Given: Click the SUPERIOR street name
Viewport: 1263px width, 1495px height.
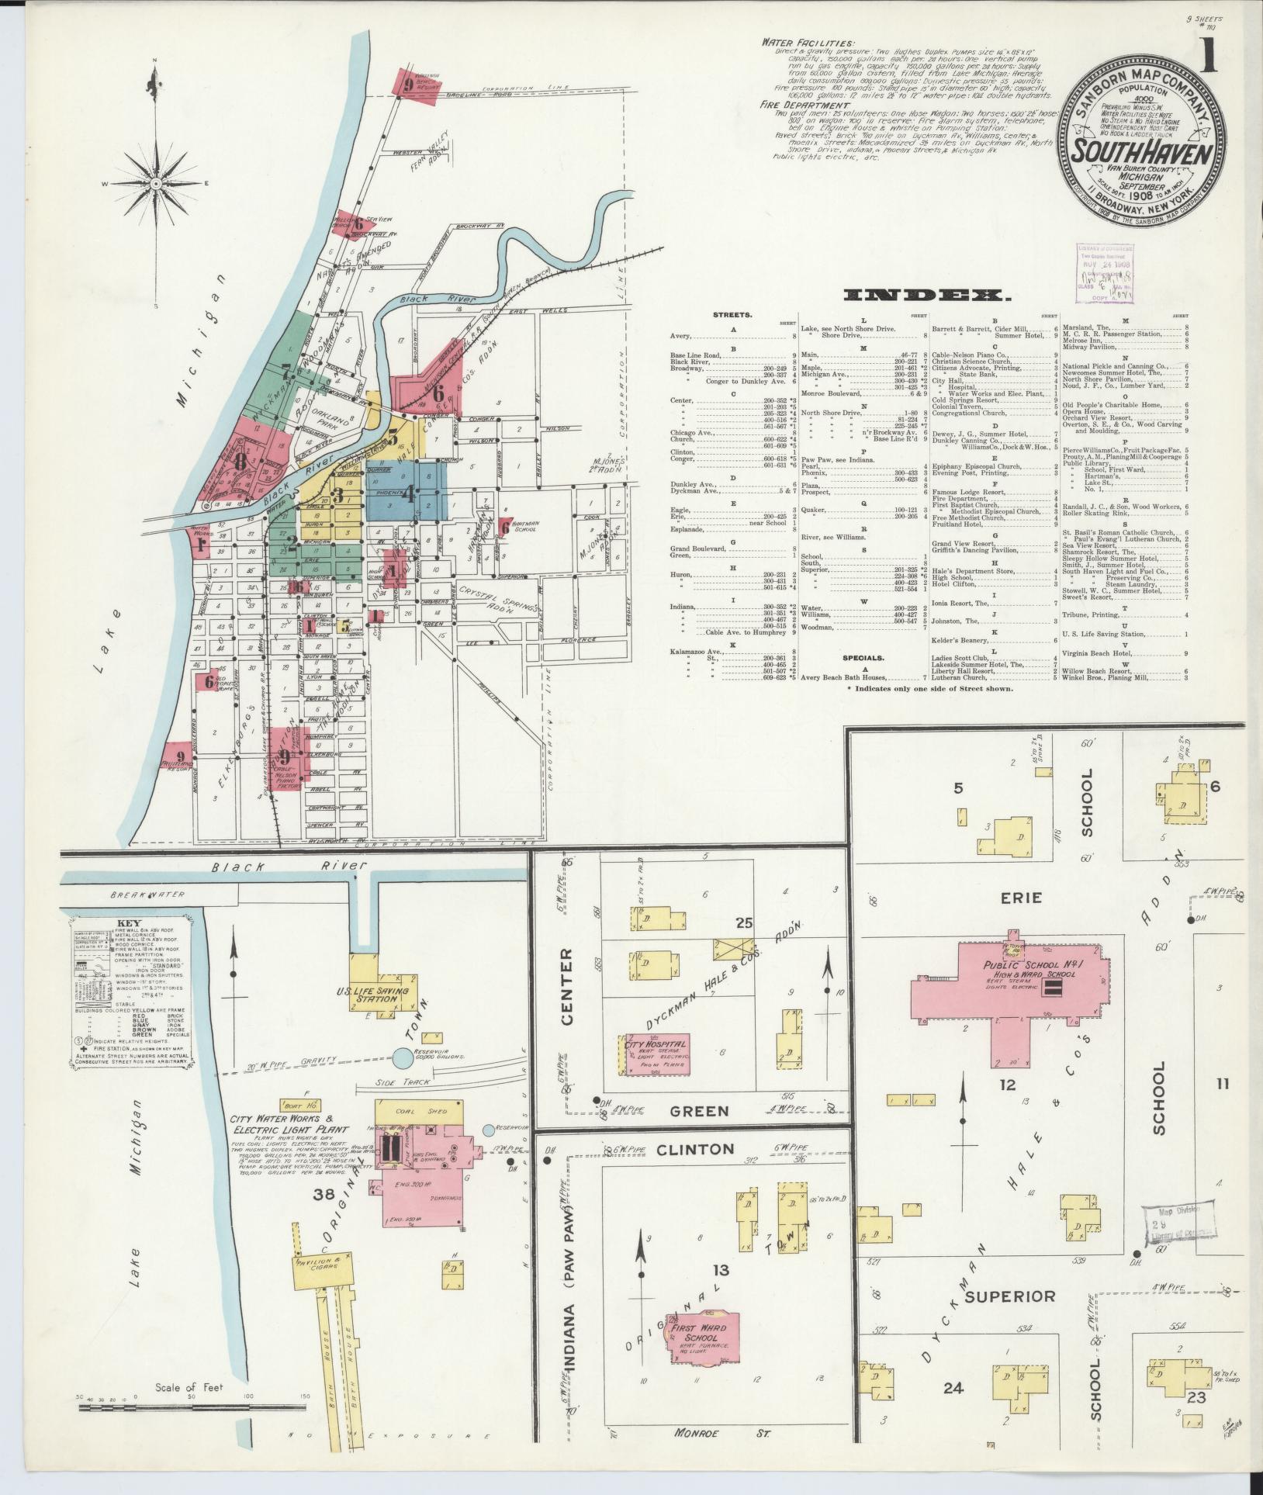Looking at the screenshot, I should point(1010,1296).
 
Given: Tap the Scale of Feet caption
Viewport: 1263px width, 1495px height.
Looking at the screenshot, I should point(189,1388).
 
